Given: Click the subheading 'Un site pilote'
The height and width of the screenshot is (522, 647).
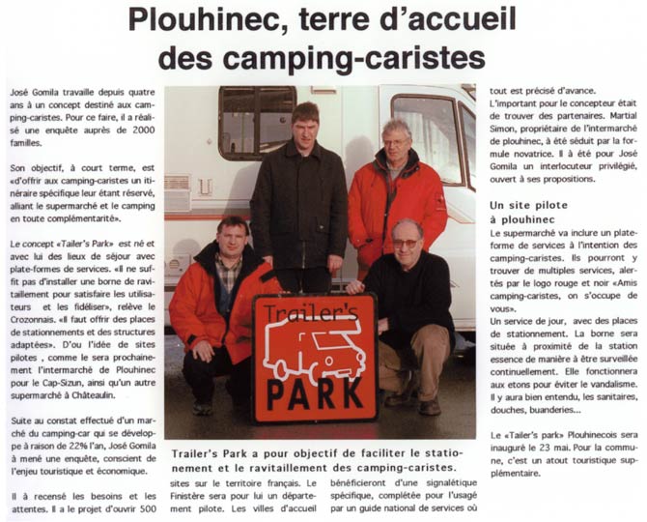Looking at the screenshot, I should (x=529, y=206).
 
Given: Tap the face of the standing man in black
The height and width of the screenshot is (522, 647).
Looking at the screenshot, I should (x=305, y=124).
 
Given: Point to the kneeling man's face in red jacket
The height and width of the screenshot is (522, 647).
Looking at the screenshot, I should (x=234, y=238).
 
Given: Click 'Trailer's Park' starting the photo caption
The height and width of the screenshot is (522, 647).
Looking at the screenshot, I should (x=209, y=452).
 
